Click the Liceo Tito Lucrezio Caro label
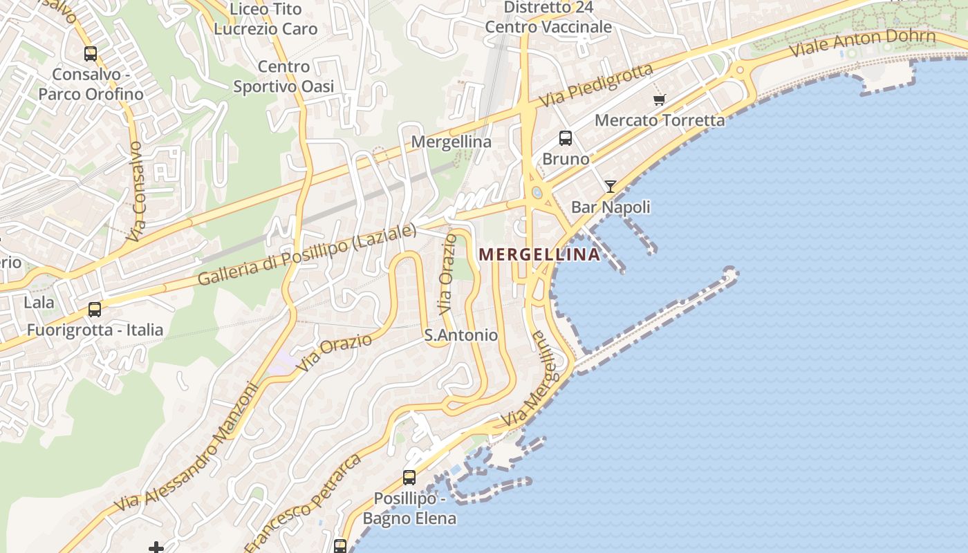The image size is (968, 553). (x=266, y=19)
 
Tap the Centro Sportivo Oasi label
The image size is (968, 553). (x=283, y=77)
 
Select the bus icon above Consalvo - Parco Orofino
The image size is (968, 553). (x=90, y=53)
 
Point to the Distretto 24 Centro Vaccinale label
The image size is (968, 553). (x=548, y=17)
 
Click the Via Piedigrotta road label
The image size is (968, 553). (x=597, y=85)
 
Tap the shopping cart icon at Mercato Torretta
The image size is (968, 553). (x=659, y=100)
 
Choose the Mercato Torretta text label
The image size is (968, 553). (x=660, y=120)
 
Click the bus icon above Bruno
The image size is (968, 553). (x=566, y=138)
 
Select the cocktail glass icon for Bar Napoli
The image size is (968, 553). (x=611, y=187)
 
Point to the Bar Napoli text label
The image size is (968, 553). (x=611, y=207)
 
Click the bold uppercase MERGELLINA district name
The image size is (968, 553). (x=540, y=254)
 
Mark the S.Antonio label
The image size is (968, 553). (x=460, y=335)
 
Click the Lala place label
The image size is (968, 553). (x=39, y=302)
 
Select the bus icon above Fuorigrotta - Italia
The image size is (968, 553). (x=95, y=310)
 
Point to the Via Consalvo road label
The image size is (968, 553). (x=138, y=191)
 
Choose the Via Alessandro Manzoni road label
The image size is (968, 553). (x=187, y=447)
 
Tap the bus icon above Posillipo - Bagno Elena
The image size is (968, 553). (x=409, y=478)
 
